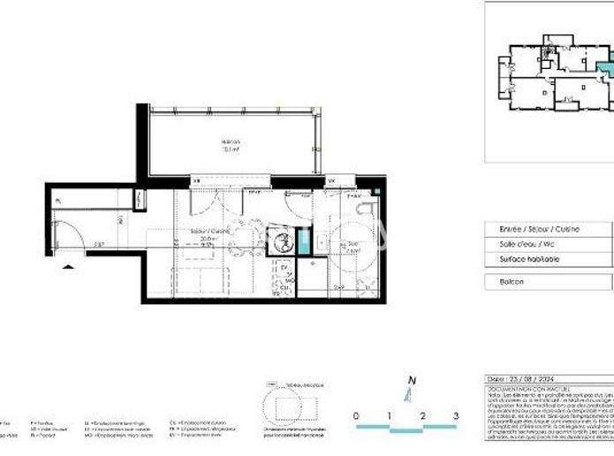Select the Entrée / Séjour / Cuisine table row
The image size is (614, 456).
(530, 228)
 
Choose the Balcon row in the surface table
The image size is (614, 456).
(512, 282)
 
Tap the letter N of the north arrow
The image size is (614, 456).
(410, 383)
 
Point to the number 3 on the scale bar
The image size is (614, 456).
(456, 415)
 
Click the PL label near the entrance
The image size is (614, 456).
(58, 201)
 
